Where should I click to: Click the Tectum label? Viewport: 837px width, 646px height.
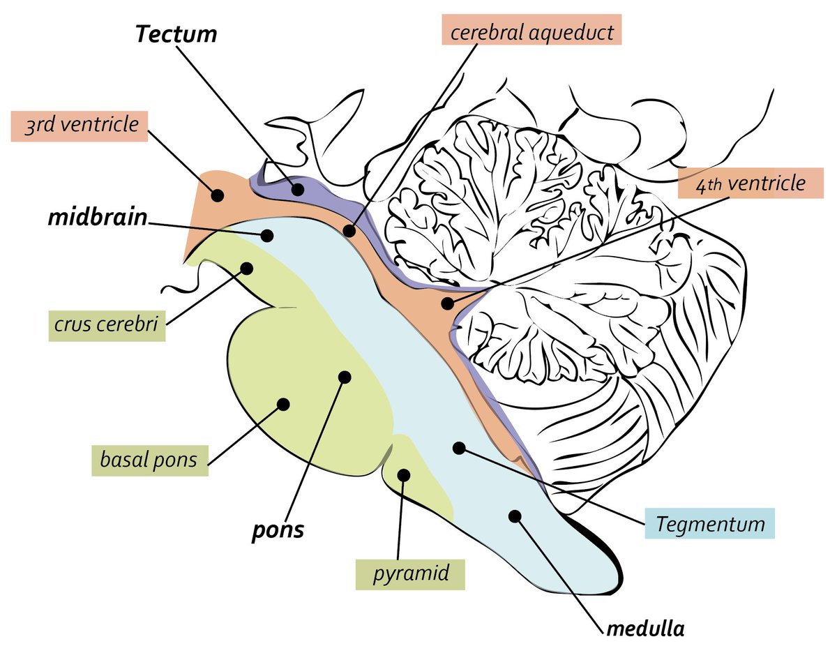[176, 35]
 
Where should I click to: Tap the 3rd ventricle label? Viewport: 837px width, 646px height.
[80, 126]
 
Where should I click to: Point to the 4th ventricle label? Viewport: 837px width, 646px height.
[749, 184]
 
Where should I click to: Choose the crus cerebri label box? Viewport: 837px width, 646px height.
[106, 324]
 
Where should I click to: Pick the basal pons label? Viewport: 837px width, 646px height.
[149, 460]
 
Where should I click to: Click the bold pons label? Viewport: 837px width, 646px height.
[278, 529]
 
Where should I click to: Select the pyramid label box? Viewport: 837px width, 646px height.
[409, 574]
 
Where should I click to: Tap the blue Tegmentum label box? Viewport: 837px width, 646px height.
[710, 523]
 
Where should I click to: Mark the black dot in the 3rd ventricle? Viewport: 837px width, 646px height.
[217, 195]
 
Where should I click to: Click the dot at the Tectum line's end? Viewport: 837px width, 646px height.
[299, 189]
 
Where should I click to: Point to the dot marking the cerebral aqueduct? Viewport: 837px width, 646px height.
[349, 230]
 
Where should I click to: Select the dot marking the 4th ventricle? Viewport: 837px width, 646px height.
[446, 303]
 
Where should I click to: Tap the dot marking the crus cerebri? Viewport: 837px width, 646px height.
[246, 267]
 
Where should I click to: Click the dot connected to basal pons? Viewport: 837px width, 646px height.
[282, 403]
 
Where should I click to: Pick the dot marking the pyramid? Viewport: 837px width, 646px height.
[404, 475]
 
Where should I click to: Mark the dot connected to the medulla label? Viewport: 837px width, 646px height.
[515, 516]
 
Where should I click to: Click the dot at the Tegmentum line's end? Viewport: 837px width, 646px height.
[458, 447]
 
